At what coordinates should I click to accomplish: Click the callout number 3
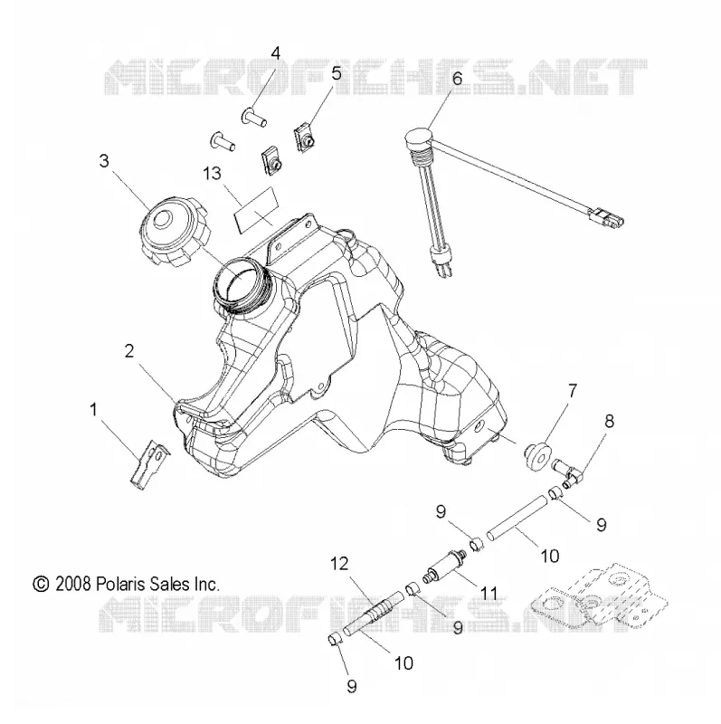tap(104, 161)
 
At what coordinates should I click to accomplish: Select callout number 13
tap(213, 174)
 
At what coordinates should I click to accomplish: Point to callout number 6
tap(457, 78)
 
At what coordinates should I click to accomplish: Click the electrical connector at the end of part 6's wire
tap(607, 218)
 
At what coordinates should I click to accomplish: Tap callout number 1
tap(94, 410)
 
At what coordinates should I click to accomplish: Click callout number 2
tap(129, 351)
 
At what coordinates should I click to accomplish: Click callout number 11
tap(489, 593)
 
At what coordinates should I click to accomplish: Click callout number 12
tap(339, 564)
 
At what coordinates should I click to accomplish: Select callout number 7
tap(573, 391)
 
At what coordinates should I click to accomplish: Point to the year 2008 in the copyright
tap(73, 585)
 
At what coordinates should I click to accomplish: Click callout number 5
tap(337, 73)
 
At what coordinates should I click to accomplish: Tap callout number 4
tap(276, 53)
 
